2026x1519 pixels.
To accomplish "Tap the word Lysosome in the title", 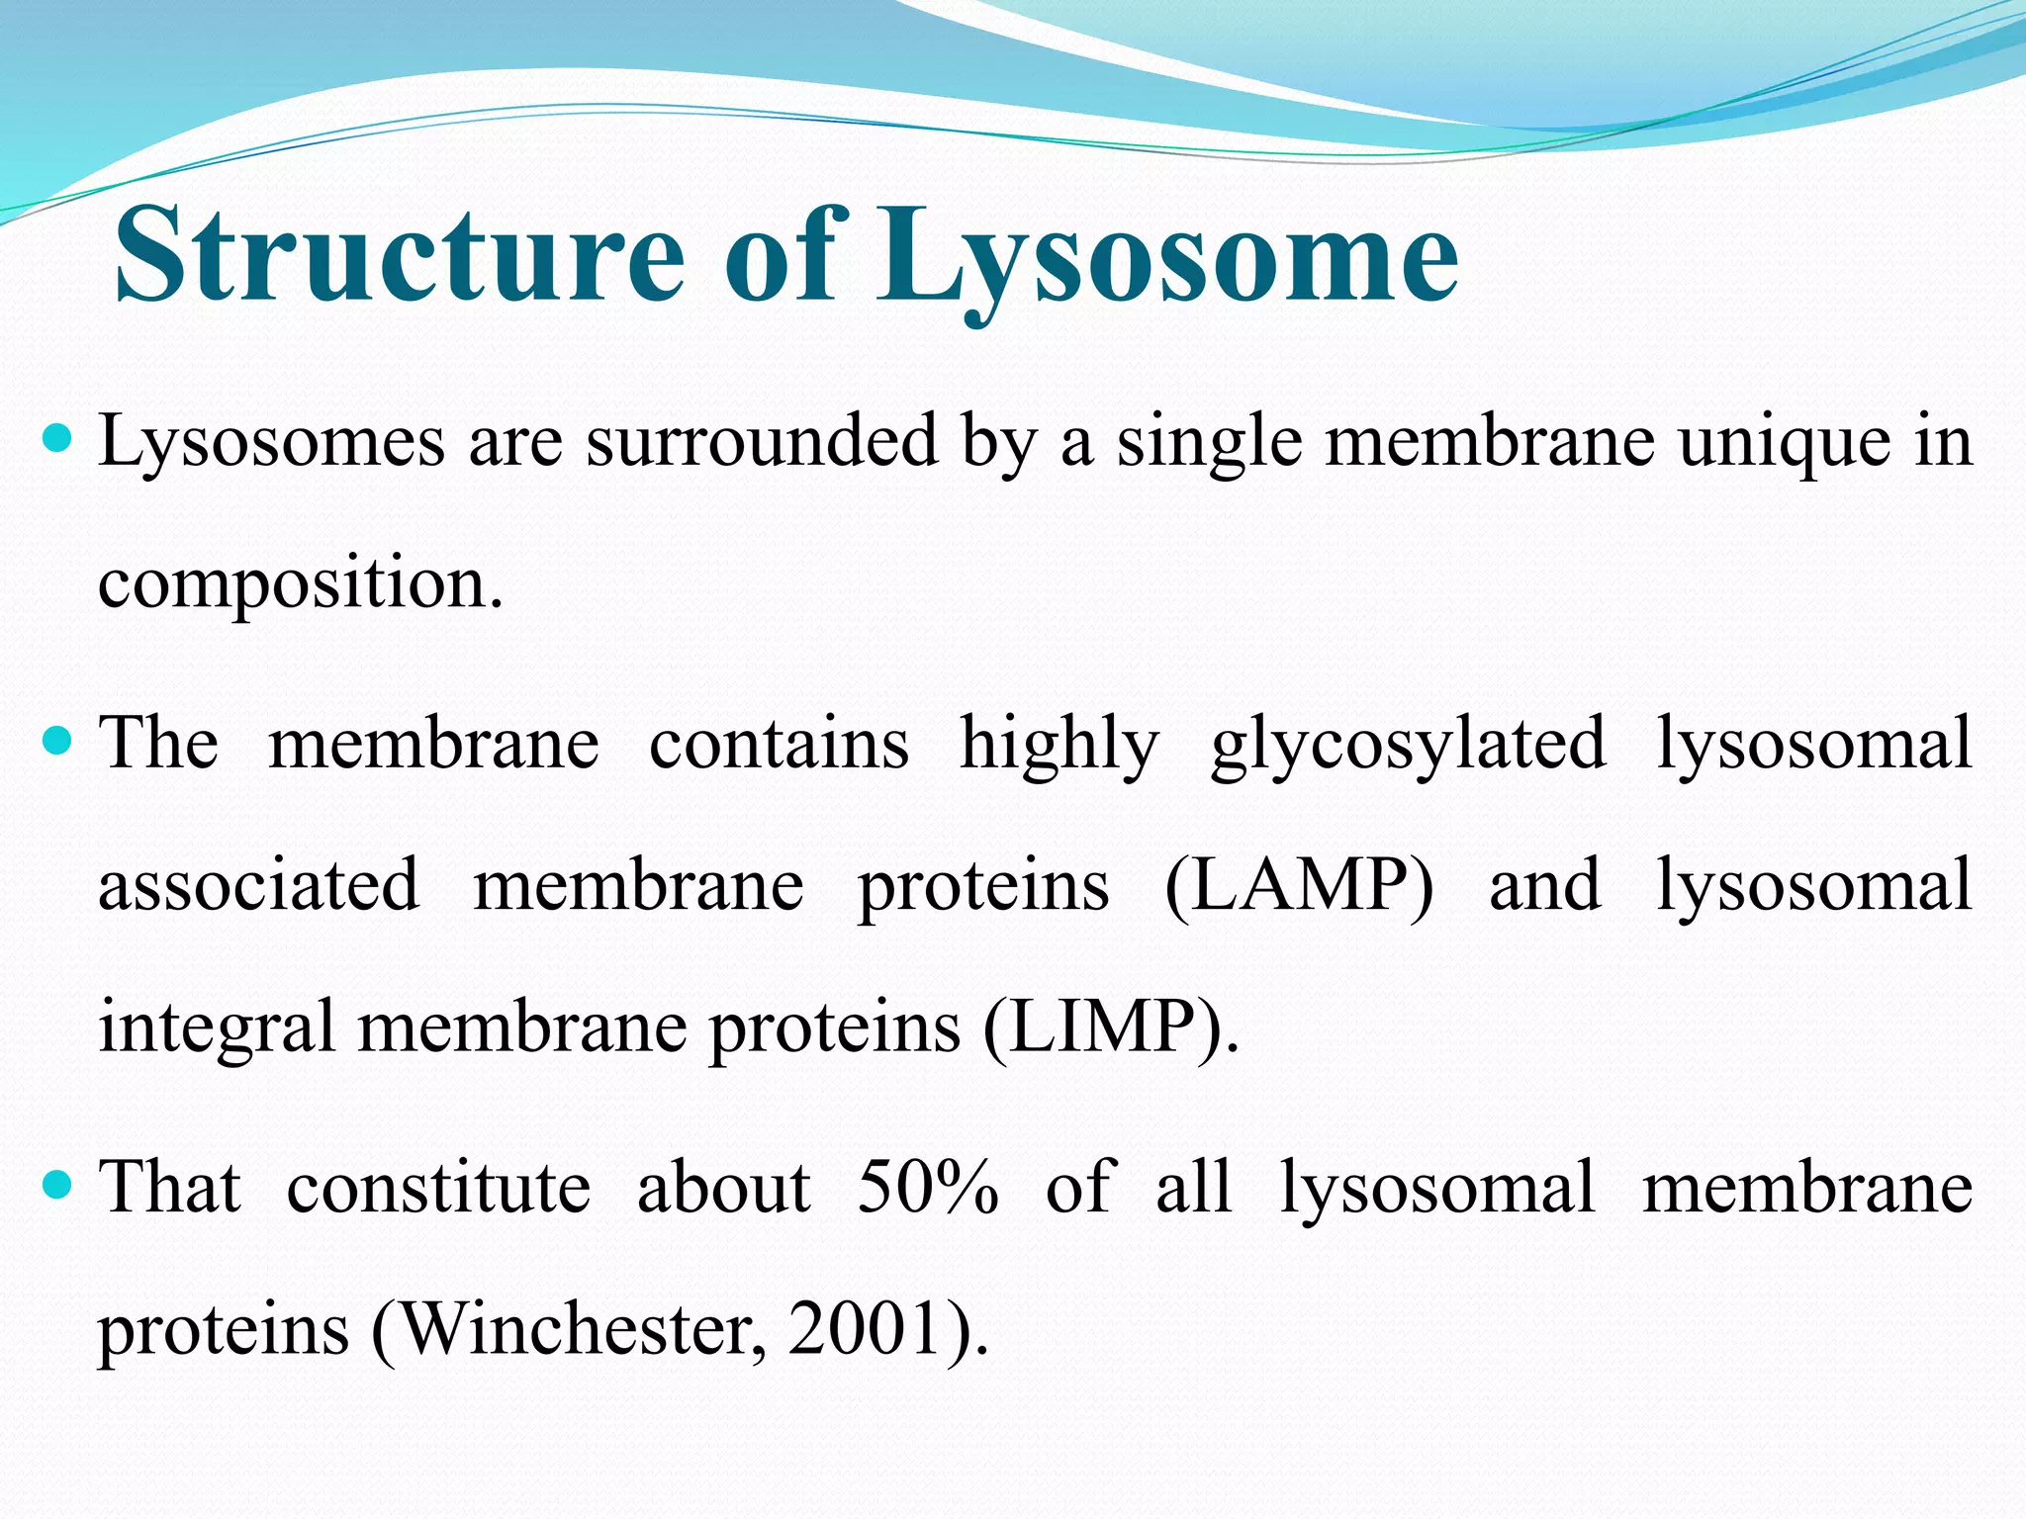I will (1167, 255).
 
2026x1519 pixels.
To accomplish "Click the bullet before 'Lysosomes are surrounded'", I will (59, 438).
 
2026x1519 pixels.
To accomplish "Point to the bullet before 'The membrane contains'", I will (59, 740).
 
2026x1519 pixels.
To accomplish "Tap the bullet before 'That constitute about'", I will (59, 1184).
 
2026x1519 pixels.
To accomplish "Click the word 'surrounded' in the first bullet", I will (762, 442).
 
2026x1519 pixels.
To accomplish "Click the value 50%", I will (928, 1187).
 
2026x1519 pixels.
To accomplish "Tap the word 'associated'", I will (259, 885).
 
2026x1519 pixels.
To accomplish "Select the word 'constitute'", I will (438, 1187).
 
